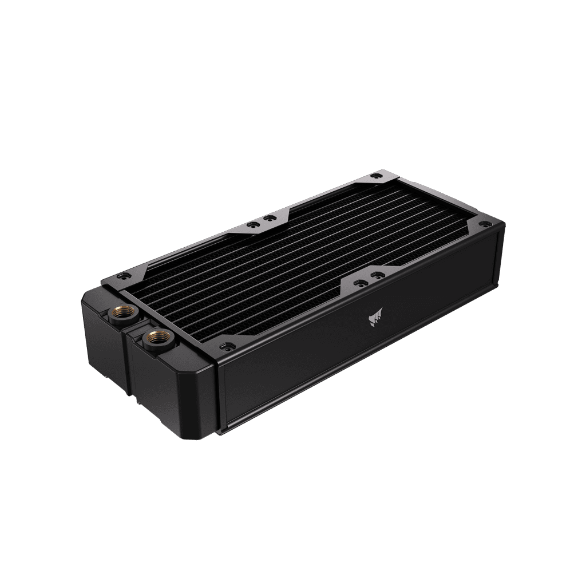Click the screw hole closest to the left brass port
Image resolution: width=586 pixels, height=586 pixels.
tap(120, 275)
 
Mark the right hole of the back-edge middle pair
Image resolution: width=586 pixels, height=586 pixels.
tap(267, 217)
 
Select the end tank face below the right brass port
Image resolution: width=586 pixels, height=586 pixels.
tap(172, 389)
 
